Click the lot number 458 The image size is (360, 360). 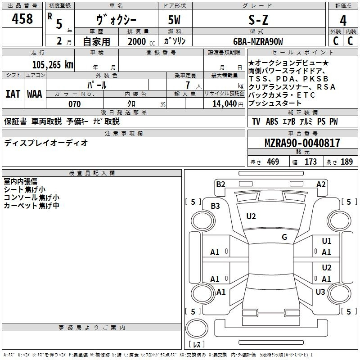click(23, 19)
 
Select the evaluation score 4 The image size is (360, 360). click(343, 21)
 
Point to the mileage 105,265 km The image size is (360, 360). click(53, 64)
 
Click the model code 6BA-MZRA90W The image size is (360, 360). click(258, 41)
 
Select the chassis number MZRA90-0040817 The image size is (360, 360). click(302, 144)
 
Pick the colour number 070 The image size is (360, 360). click(74, 104)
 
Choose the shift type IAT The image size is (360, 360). click(13, 94)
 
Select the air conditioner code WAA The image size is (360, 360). click(35, 94)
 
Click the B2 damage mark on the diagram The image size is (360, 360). click(220, 184)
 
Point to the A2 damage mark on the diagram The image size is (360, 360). click(321, 184)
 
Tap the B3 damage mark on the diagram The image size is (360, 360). click(216, 206)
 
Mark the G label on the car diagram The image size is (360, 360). click(284, 237)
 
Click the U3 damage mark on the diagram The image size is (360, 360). click(320, 292)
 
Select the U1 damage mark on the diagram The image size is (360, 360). click(327, 241)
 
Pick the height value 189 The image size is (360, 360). click(346, 162)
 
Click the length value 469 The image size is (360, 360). click(273, 162)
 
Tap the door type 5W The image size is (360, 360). click(175, 20)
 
